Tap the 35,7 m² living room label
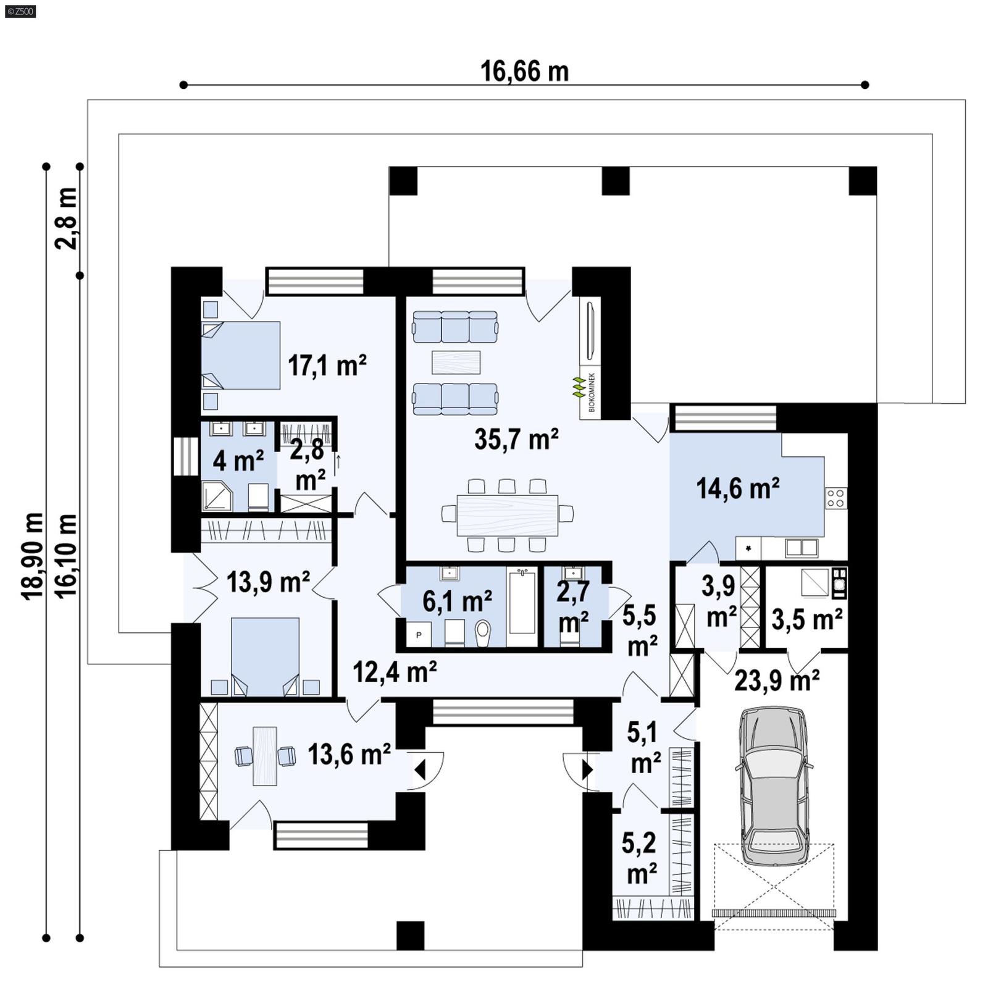[516, 439]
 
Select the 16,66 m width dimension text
[524, 72]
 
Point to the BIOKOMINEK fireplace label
[592, 393]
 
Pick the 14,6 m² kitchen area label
[737, 488]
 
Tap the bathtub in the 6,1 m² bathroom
[522, 601]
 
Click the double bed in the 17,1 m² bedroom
[241, 355]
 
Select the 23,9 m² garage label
[777, 680]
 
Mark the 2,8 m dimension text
[67, 218]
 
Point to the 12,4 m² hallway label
[395, 671]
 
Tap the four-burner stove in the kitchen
[836, 498]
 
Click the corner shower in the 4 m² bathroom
[216, 497]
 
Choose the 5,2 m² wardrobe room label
[641, 858]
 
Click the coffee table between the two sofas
[456, 362]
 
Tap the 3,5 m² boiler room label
[806, 619]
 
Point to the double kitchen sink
[802, 547]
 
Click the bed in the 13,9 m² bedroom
[265, 656]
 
